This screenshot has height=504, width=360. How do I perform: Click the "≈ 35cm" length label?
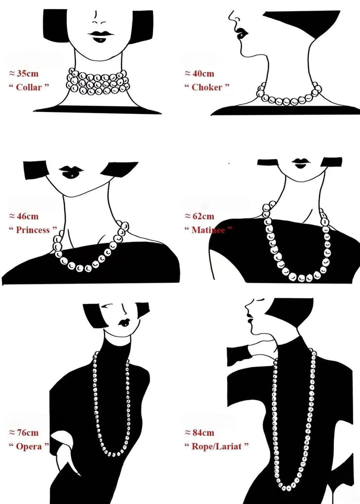click(24, 74)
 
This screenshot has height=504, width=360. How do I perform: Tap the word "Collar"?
click(29, 87)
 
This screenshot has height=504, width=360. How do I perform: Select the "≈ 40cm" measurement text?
click(199, 74)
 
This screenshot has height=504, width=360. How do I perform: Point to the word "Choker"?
click(207, 87)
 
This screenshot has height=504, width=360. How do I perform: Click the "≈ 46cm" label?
click(24, 216)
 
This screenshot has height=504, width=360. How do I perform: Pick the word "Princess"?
click(33, 230)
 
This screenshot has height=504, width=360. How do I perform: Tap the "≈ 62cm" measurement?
click(199, 216)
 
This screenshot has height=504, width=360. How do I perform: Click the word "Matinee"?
click(208, 230)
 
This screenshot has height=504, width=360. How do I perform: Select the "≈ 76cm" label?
click(24, 432)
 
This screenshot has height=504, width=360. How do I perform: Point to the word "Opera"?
click(29, 446)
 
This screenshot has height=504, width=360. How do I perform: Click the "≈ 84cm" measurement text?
click(199, 432)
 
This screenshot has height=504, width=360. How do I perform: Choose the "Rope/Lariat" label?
click(216, 446)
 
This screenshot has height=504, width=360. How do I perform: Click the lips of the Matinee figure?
click(301, 163)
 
